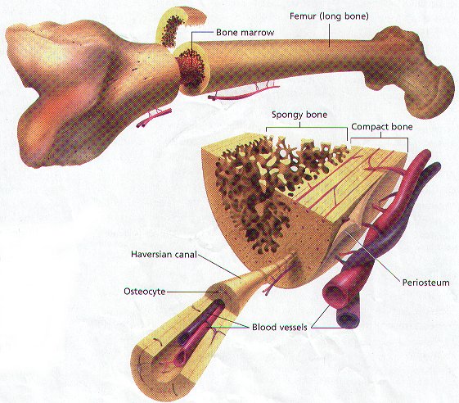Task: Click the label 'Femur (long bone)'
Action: (x=329, y=16)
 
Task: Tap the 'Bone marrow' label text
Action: (x=245, y=32)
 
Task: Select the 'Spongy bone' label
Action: (x=299, y=115)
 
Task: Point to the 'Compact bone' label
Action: (x=382, y=127)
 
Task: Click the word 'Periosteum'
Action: (x=425, y=283)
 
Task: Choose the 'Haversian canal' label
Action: (x=164, y=254)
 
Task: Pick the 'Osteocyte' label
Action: (x=145, y=292)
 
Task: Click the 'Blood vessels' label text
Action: (x=280, y=327)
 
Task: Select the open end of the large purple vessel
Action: (x=348, y=318)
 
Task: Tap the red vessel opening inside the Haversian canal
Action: (x=182, y=357)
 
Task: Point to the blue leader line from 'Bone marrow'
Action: (x=199, y=32)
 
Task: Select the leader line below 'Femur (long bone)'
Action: (x=329, y=34)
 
